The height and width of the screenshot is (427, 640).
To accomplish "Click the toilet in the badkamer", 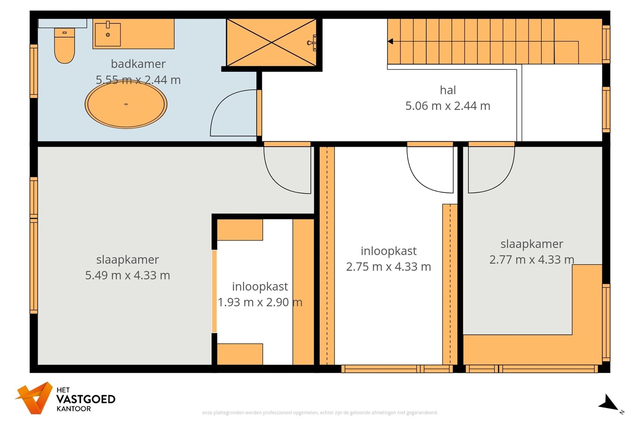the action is tap(64, 45).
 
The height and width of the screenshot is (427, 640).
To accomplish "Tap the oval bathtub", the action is tap(126, 104).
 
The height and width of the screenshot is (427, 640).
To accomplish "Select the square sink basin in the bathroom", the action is tap(107, 35).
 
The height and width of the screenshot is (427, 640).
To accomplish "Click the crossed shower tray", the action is tap(271, 42).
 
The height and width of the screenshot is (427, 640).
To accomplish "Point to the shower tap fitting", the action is tap(312, 43).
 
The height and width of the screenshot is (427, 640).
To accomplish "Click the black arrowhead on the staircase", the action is tap(390, 41).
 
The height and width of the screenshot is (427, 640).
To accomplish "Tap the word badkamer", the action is tap(138, 64).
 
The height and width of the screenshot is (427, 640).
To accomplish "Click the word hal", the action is tap(448, 90).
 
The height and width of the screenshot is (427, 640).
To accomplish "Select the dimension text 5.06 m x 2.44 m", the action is tap(448, 106).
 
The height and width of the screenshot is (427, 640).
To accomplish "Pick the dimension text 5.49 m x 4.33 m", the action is tap(127, 275).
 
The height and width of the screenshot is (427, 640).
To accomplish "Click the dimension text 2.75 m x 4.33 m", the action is tap(388, 267).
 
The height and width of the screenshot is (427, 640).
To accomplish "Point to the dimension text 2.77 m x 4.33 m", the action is tap(532, 259).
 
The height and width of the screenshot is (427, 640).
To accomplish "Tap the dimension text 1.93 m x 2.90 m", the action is tap(260, 302).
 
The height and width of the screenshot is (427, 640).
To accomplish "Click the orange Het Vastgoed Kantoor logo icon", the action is tap(34, 398).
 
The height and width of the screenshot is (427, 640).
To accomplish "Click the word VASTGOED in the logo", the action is tap(86, 399).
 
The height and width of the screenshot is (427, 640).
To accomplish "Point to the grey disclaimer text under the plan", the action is tap(320, 413).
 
